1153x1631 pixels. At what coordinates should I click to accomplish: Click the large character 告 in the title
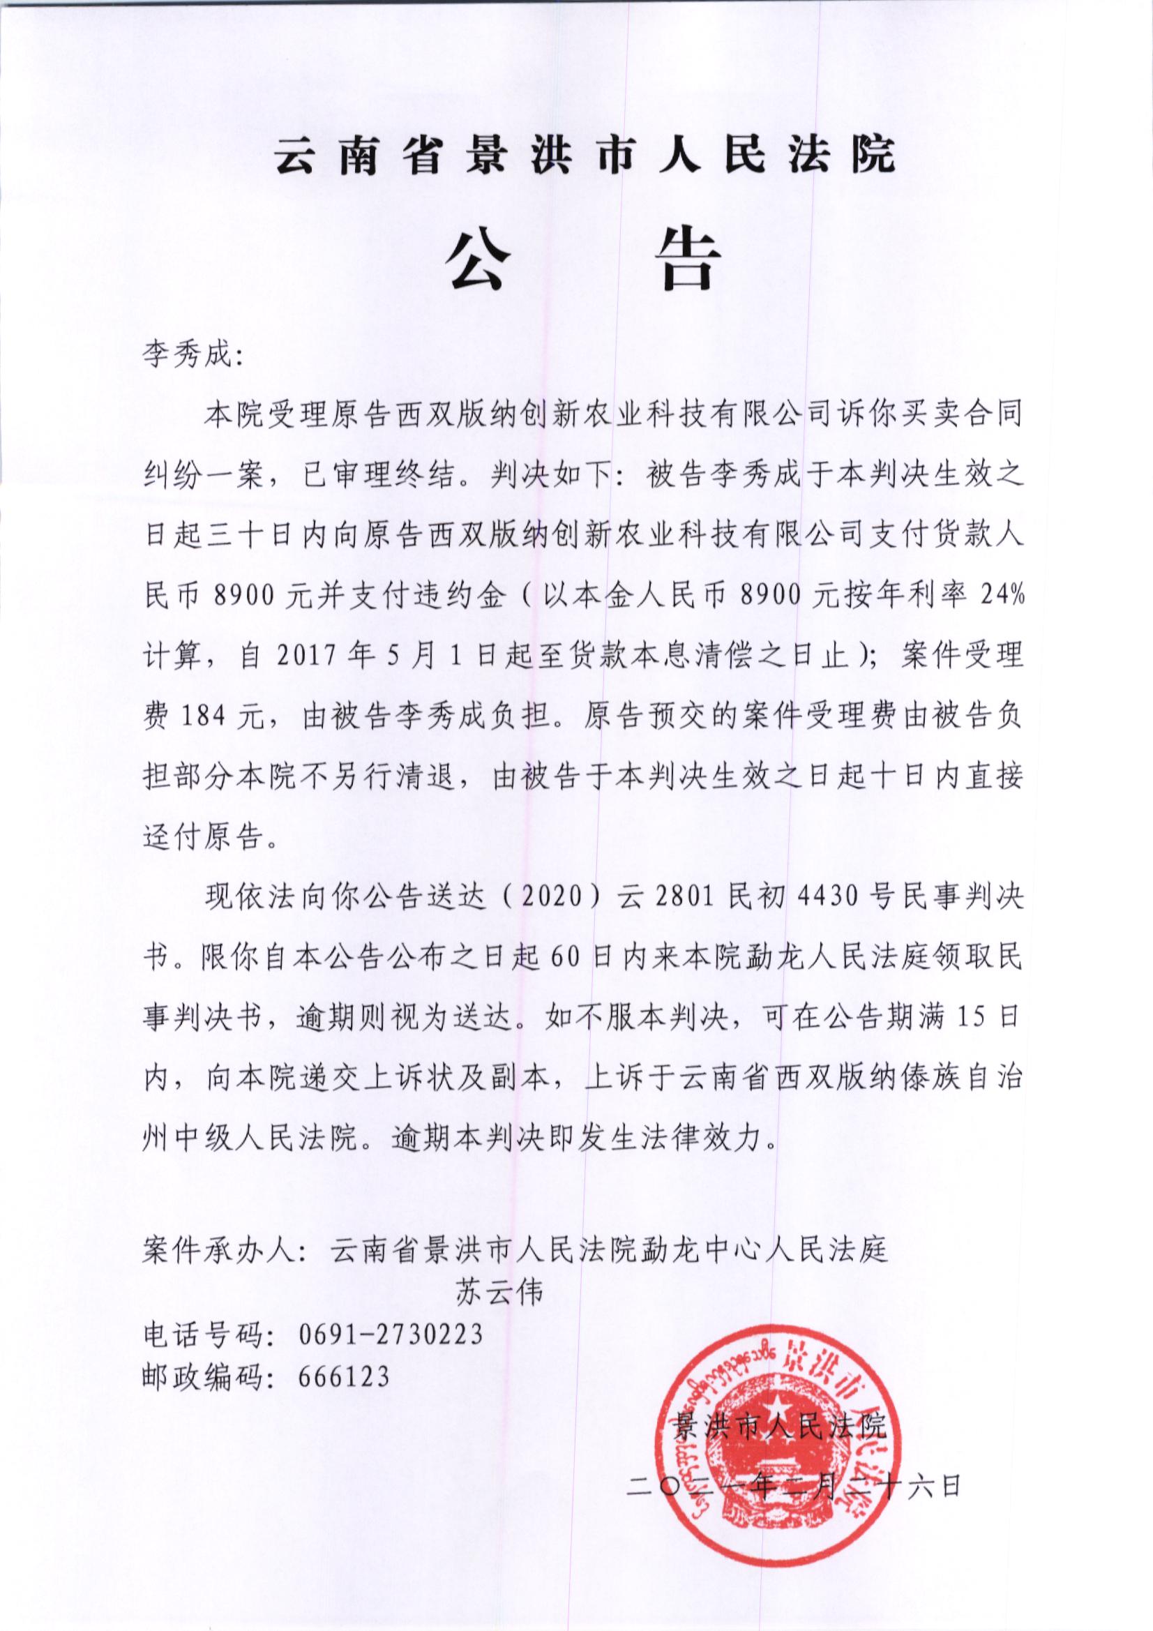click(x=686, y=261)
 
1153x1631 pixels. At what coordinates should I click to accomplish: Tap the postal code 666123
click(x=345, y=1376)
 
